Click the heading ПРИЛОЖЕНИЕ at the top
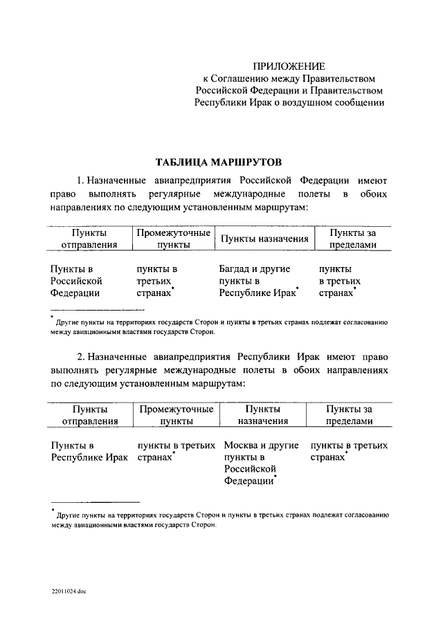289,66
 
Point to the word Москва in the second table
242,445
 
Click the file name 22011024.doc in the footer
68,591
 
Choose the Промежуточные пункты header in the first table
174,239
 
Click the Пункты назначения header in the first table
264,239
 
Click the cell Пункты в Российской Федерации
77,280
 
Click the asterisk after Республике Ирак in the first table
298,287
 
